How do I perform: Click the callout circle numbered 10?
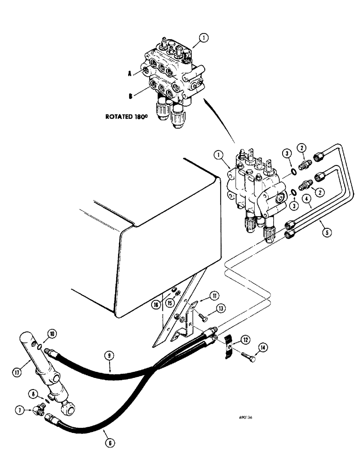click(51, 334)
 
